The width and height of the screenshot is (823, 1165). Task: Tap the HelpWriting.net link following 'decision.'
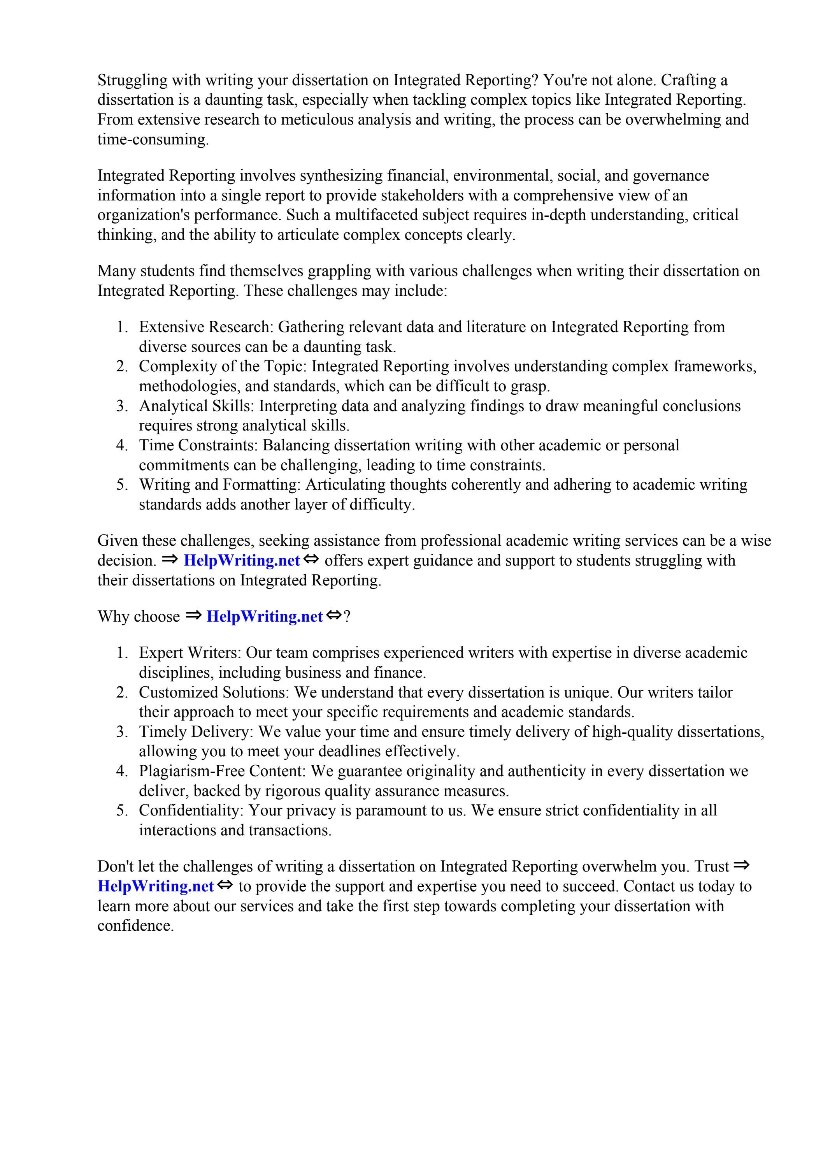(242, 561)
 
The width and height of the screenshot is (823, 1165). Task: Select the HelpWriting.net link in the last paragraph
(155, 886)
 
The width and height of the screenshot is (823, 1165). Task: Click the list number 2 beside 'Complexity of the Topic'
(121, 366)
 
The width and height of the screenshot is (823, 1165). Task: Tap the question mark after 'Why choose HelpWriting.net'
(347, 617)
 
